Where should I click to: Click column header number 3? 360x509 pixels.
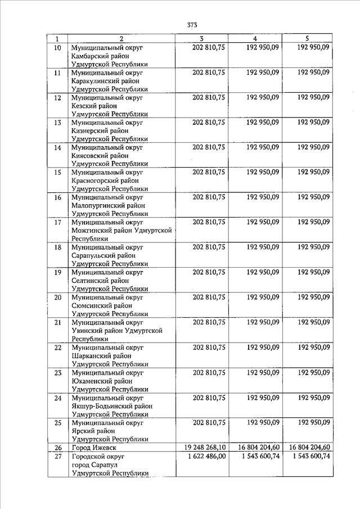click(x=201, y=39)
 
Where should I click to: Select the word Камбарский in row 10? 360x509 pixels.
click(x=91, y=57)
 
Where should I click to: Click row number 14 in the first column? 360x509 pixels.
click(x=57, y=148)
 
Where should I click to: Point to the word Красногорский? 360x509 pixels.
click(x=94, y=181)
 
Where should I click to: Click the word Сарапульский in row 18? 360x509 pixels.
click(x=93, y=255)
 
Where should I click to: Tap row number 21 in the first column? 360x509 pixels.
click(x=57, y=322)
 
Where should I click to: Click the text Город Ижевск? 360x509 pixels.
click(x=93, y=448)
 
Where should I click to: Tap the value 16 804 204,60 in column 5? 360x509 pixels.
click(x=309, y=448)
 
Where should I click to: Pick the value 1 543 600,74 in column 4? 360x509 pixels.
click(x=256, y=456)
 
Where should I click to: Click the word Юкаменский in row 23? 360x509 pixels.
click(x=92, y=381)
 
